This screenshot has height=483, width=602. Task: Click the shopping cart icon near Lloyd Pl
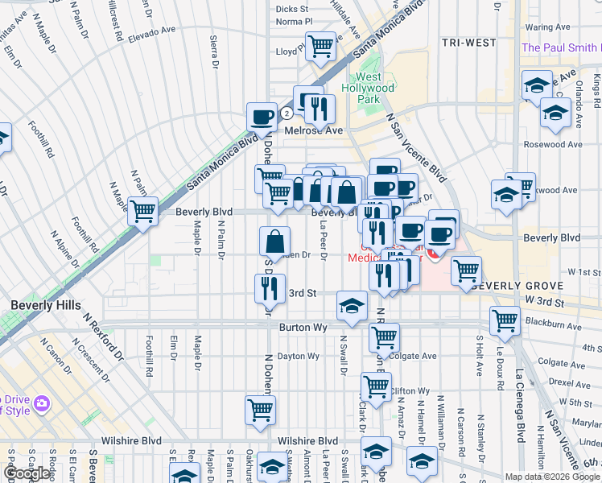coord(320,47)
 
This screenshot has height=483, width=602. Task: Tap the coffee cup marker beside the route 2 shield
coord(262,117)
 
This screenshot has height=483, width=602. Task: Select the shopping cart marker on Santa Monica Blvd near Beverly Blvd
coord(143,212)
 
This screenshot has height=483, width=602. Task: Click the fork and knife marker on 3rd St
coord(270,287)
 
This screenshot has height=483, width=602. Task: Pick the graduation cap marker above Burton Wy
coord(352,305)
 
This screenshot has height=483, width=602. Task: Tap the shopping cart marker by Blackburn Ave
coord(505,320)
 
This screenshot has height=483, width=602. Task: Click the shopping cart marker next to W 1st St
coord(466,270)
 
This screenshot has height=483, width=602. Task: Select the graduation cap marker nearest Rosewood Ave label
coord(555,113)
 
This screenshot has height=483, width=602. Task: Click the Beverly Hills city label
coord(45,305)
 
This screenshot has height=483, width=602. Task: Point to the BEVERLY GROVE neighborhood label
coord(519,286)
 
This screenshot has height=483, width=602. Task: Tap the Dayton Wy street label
coord(298,356)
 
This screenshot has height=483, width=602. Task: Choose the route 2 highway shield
coord(286,113)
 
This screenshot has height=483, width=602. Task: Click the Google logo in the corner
coord(27,473)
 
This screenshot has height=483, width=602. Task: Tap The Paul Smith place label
coord(561,47)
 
